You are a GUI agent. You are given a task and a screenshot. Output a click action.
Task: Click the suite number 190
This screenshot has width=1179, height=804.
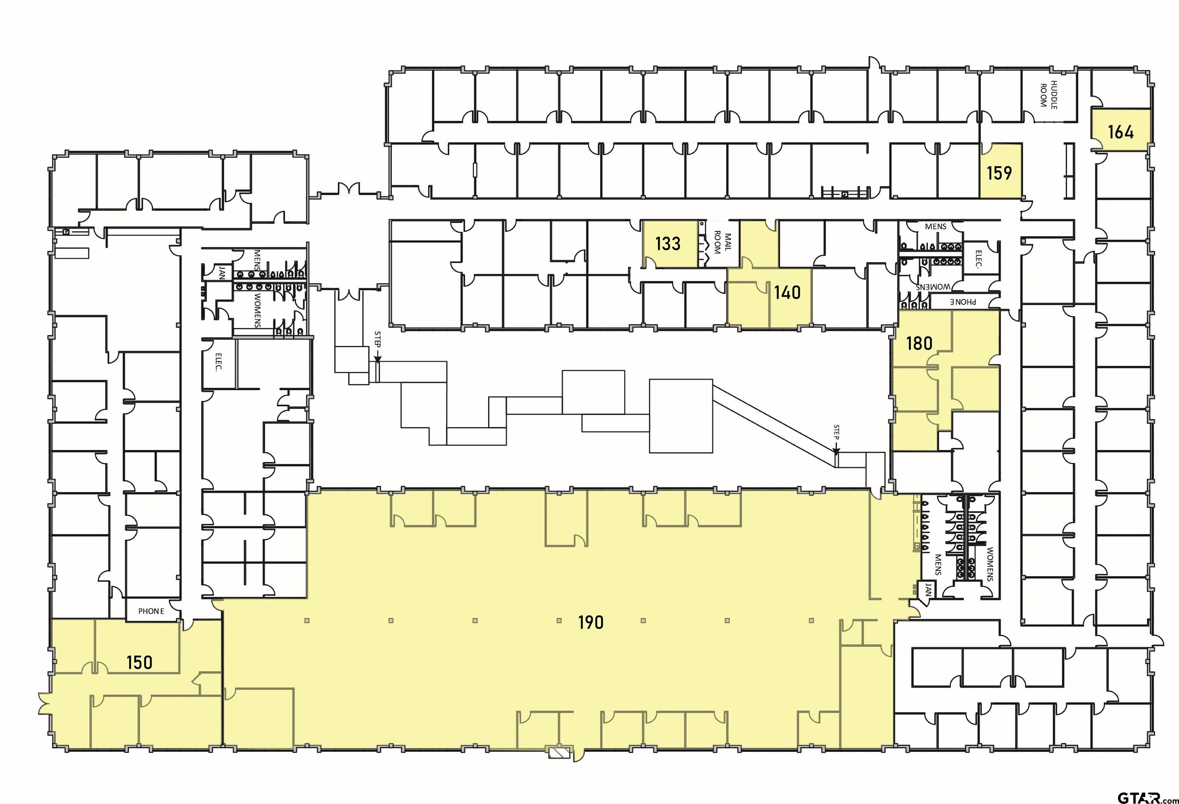point(591,622)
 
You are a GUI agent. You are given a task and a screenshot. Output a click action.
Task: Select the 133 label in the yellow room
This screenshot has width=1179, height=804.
point(668,244)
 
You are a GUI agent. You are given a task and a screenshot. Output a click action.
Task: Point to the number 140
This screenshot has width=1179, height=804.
point(788,292)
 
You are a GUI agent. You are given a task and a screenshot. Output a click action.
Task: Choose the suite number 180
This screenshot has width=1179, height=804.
point(919,344)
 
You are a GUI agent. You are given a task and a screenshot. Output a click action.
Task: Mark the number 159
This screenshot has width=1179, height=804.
point(999,173)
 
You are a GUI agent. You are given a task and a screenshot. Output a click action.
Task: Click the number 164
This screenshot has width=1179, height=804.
point(1121,132)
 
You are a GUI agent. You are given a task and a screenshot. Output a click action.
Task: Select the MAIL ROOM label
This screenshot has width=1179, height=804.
point(722,243)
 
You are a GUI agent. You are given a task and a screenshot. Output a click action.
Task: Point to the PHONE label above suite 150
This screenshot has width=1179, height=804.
point(151,611)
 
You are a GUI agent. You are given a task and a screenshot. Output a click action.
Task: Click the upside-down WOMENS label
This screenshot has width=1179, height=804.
point(933,287)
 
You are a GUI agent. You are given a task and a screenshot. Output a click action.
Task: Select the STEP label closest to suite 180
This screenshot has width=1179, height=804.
point(837,432)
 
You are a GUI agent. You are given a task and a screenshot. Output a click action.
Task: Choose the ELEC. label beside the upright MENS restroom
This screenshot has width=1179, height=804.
point(979,259)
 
